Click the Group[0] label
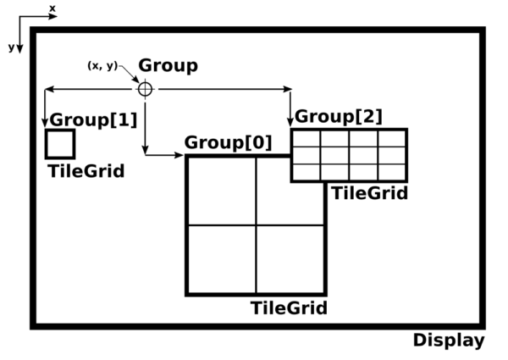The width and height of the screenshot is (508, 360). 228,142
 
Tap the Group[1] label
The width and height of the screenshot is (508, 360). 93,119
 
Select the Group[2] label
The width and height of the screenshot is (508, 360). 339,115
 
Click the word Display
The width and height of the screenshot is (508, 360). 449,341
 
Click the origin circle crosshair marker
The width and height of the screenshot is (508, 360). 145,88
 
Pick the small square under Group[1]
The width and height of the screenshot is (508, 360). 60,144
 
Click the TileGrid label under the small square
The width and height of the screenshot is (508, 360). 86,171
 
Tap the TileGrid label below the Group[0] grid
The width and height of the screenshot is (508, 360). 289,307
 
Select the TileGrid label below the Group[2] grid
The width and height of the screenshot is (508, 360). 369,193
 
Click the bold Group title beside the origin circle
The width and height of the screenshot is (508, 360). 168,65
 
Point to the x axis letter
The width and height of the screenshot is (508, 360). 52,8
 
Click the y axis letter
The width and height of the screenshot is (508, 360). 11,47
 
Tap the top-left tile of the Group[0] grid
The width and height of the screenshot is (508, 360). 221,191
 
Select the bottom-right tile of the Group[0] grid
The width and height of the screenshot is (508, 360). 290,259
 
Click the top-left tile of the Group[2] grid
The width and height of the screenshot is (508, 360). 306,138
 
